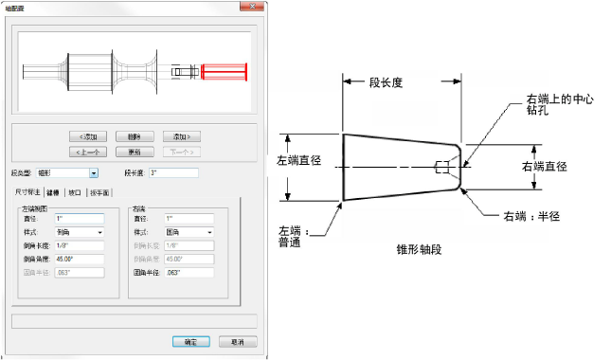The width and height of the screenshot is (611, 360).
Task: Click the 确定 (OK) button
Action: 189,341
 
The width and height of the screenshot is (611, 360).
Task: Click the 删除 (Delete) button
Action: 135,135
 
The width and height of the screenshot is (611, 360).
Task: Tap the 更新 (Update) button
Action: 135,151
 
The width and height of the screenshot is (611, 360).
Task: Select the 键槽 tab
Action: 52,191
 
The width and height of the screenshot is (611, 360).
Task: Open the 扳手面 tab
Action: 99,191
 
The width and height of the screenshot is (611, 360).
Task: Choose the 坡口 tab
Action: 75,191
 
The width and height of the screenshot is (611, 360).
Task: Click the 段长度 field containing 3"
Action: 172,173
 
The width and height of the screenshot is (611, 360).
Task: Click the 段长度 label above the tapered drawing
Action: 386,82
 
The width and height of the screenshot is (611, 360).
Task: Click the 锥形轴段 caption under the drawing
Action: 419,248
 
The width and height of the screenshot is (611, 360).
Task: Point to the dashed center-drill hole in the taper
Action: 440,169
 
